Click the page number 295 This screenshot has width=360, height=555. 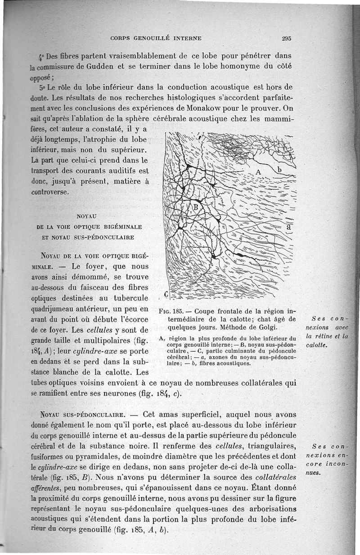click(287, 38)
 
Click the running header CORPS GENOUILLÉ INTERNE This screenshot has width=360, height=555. click(156, 38)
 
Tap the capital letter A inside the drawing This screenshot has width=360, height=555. click(258, 172)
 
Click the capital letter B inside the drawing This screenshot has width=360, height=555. click(196, 207)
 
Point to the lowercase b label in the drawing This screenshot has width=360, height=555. click(279, 170)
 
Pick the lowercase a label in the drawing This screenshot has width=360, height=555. click(289, 227)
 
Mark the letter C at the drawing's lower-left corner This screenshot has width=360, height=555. click(166, 294)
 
